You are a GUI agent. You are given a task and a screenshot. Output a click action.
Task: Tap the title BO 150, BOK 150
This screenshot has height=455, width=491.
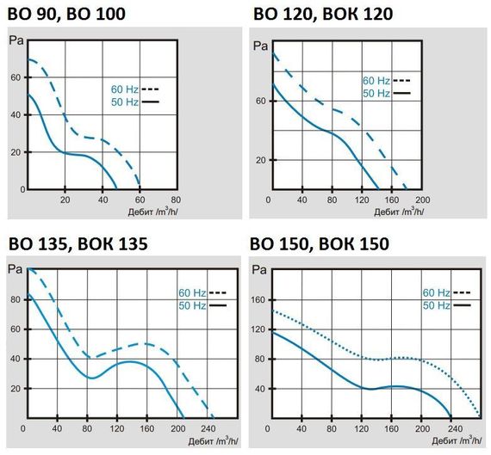point(320,243)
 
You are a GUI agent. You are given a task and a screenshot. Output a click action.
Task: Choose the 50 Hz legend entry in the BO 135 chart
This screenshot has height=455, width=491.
point(196,305)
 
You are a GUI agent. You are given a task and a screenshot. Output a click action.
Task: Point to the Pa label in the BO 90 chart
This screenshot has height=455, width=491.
point(15,40)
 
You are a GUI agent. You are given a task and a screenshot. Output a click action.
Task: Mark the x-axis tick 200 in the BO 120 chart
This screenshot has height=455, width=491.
point(422,200)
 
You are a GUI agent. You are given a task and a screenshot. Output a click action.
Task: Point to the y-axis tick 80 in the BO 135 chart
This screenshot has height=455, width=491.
point(14,300)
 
